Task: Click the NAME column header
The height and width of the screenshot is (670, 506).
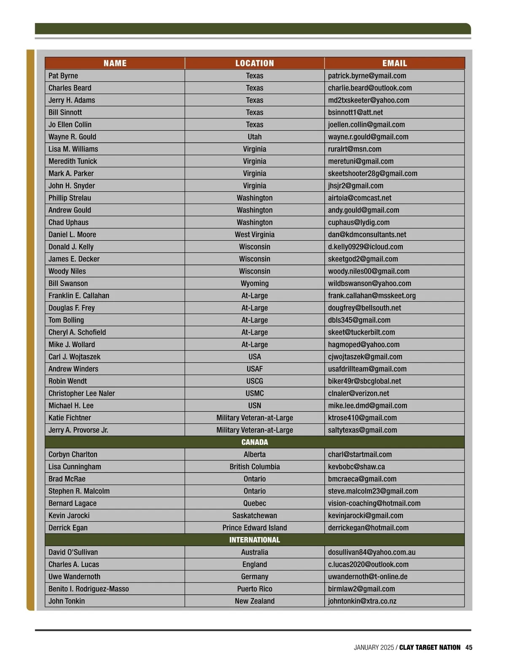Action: [115, 63]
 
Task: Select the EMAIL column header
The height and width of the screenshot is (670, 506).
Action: [394, 63]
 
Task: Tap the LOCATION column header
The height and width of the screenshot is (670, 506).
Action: [254, 63]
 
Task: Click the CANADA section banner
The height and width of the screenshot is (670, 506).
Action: [254, 442]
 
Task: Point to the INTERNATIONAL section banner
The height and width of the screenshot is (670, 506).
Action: [254, 540]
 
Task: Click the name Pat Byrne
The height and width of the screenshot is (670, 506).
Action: [63, 76]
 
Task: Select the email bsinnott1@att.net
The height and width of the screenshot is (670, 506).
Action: [355, 113]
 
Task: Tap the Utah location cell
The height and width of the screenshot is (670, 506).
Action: [254, 137]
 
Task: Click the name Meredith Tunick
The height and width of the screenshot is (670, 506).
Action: [73, 162]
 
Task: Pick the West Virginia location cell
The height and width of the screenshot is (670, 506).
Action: [254, 235]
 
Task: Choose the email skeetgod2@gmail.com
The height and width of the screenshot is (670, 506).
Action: [363, 259]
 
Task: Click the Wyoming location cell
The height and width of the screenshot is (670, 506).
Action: [254, 284]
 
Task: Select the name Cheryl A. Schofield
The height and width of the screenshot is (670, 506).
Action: [77, 332]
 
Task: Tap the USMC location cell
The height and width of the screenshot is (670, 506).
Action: [254, 394]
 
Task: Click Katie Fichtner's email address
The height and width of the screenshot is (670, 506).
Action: [362, 418]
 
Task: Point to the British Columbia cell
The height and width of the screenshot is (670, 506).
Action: [254, 467]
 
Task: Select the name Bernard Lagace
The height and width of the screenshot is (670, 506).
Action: [73, 504]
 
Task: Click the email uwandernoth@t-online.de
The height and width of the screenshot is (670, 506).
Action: [368, 577]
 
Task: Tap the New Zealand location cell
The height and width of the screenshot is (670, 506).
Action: [254, 601]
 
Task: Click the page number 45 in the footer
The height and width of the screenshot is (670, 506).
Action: [469, 648]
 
